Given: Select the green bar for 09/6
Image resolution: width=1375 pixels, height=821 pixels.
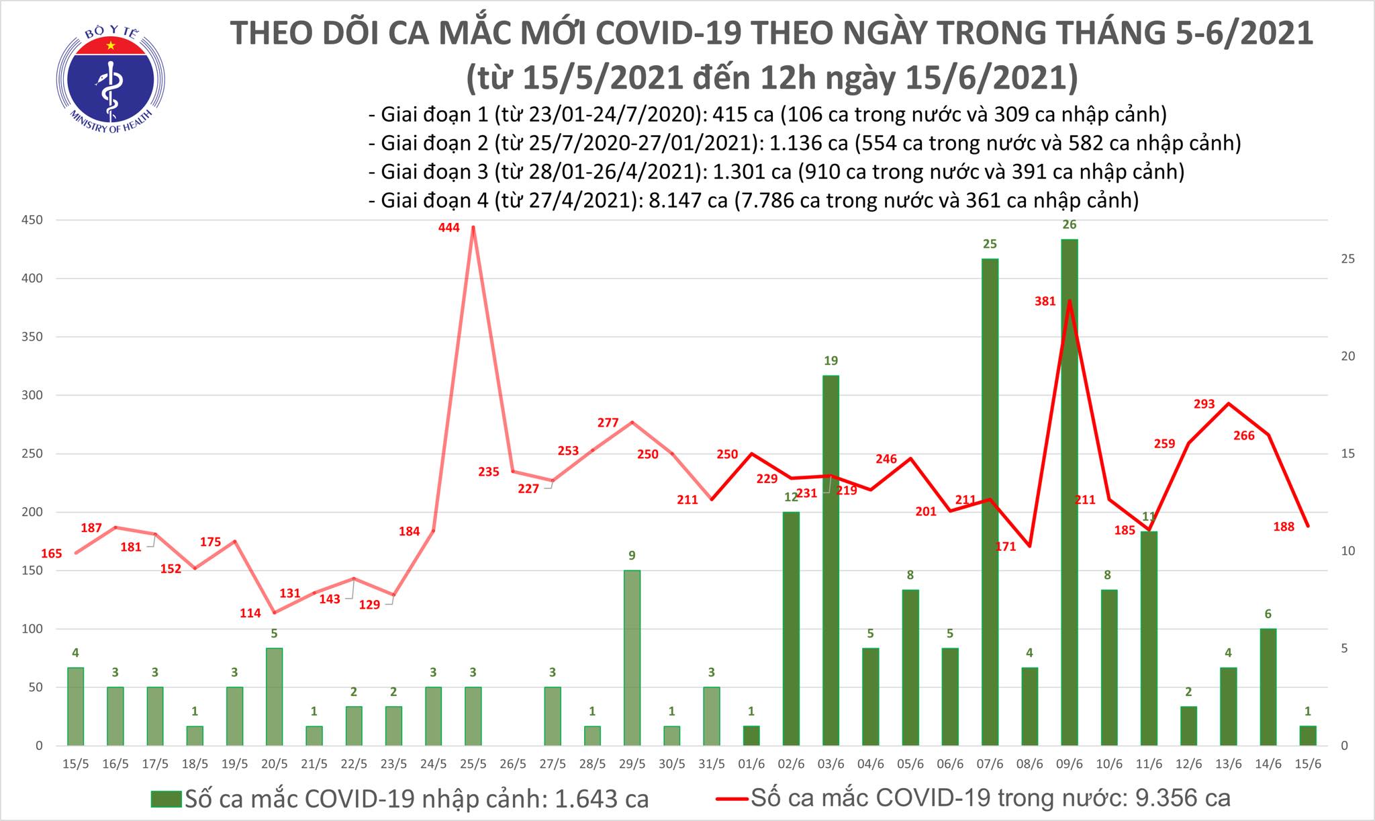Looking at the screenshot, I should coord(1070,490).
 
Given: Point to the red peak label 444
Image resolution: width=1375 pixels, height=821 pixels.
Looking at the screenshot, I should coord(448,228).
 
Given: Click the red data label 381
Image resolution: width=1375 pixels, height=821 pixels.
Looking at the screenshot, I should coord(1045,302).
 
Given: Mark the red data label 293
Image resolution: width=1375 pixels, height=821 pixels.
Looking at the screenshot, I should coord(1204,404).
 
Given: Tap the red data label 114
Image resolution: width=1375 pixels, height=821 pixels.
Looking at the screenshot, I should coord(250,613).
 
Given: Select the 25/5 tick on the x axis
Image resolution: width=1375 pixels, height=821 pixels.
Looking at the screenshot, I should coord(473,765).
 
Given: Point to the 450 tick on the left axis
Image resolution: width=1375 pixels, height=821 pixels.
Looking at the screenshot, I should coord(32,220).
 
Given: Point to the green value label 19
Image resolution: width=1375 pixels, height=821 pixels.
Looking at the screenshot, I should coord(831,361).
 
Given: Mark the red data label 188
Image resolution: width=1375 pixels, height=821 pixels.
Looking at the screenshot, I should coord(1284,527).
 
